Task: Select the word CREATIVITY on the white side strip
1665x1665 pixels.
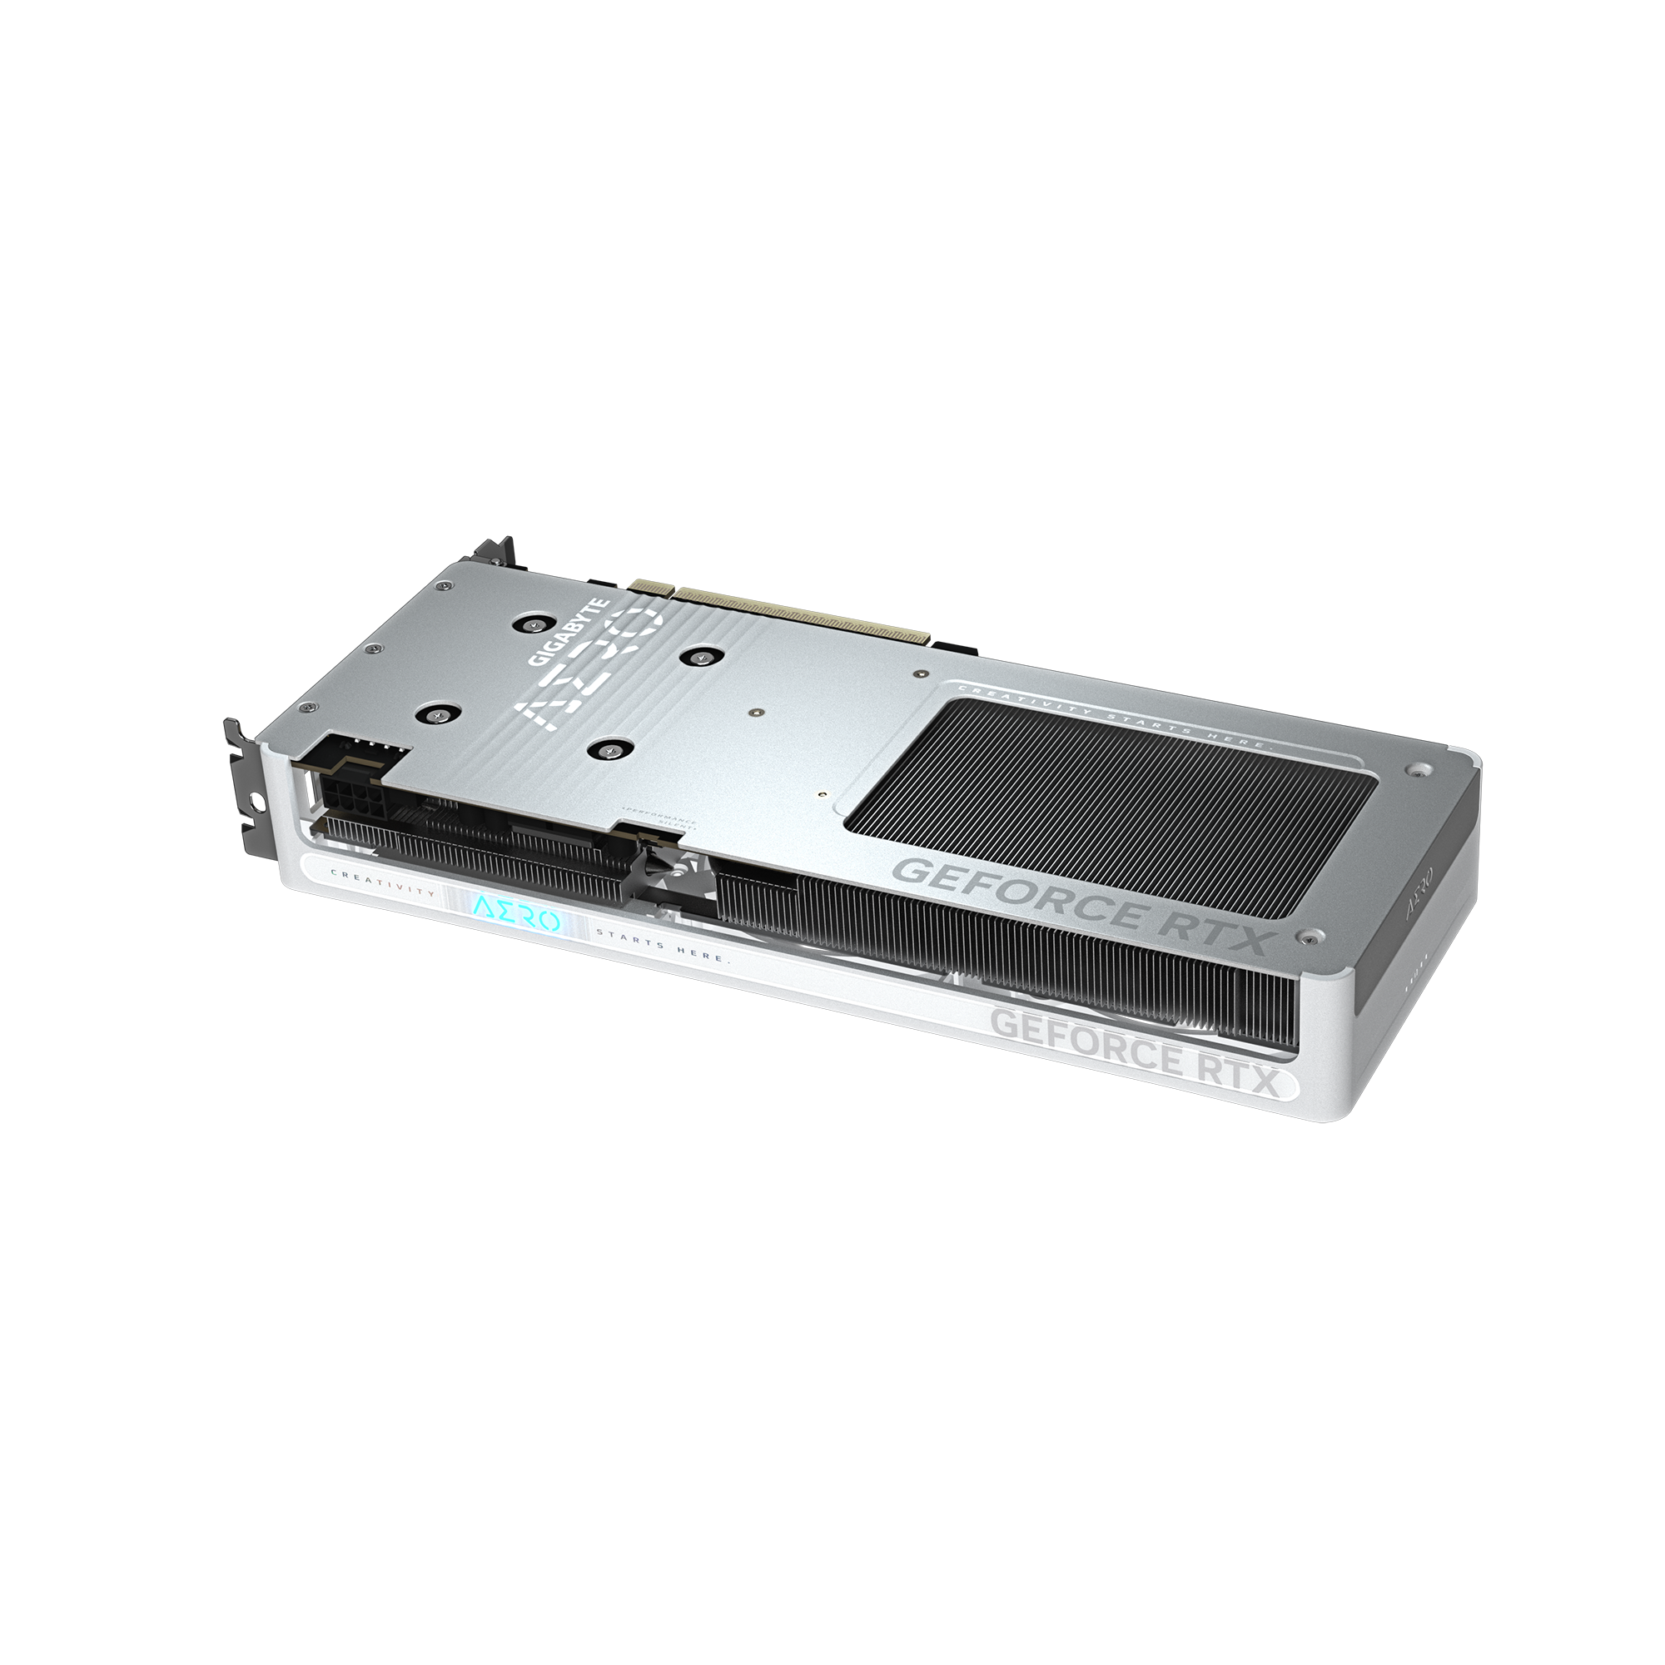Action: [x=385, y=893]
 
